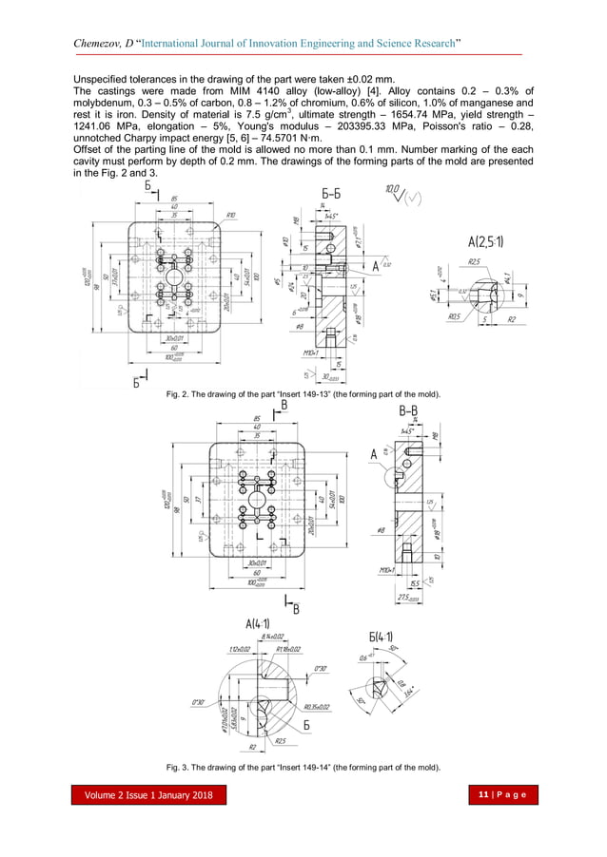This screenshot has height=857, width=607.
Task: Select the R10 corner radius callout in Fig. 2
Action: [230, 217]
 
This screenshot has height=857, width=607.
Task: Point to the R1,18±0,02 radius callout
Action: [287, 649]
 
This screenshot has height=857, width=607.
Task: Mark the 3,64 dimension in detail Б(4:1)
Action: [408, 695]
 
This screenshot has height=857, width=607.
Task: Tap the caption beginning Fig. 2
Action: [303, 392]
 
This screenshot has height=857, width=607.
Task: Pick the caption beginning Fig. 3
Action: [303, 767]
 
